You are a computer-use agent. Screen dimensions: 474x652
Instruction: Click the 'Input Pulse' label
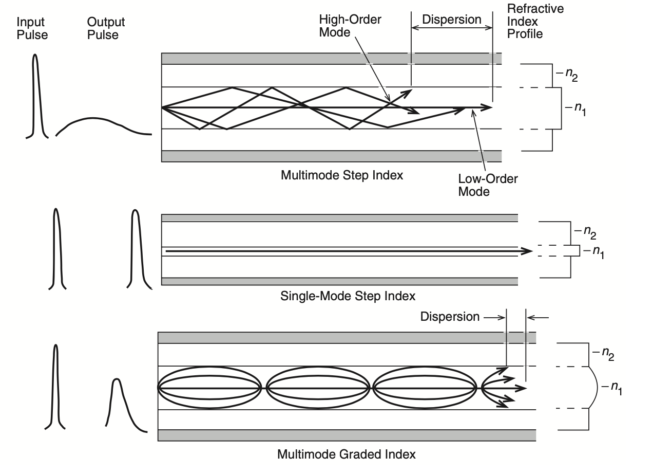pyautogui.click(x=32, y=29)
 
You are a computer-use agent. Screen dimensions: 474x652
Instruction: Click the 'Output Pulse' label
pyautogui.click(x=106, y=29)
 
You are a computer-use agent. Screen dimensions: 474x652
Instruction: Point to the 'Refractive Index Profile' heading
pyautogui.click(x=528, y=22)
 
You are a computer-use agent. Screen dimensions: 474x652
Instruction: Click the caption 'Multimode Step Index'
pyautogui.click(x=342, y=175)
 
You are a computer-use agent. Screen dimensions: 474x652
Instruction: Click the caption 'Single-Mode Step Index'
pyautogui.click(x=348, y=296)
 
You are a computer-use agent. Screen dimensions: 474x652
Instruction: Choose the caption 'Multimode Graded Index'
pyautogui.click(x=347, y=454)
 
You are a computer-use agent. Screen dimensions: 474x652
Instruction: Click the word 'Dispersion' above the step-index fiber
pyautogui.click(x=452, y=20)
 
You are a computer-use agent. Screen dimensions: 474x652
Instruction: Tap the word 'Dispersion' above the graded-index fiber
pyautogui.click(x=450, y=317)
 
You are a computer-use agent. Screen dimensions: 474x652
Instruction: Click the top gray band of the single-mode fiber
pyautogui.click(x=339, y=218)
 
